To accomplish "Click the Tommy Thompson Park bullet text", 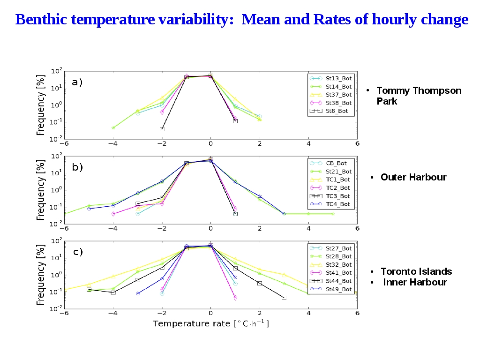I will coord(419,96).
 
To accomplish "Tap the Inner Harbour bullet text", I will coord(415,282).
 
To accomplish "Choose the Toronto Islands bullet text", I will coord(416,271).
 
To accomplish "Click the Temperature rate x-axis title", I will coord(210,323).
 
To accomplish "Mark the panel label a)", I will coord(77,82).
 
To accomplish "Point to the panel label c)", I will coord(77,252).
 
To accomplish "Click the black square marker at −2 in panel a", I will coord(162,129).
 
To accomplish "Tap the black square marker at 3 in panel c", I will coord(284,298).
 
